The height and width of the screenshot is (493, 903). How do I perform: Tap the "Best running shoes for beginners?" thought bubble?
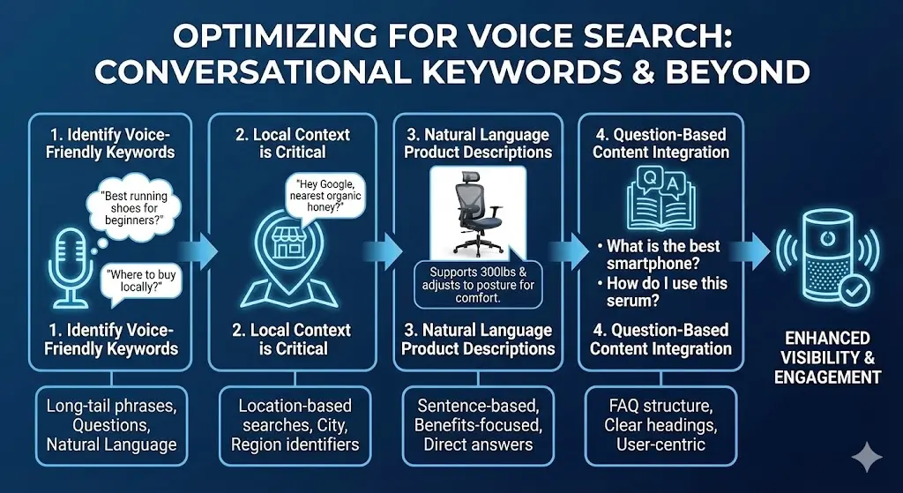(x=134, y=206)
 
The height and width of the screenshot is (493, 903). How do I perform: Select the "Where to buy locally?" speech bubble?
(x=141, y=280)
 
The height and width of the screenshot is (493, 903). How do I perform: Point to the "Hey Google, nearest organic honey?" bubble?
(x=326, y=198)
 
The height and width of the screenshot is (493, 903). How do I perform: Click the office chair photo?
(x=478, y=212)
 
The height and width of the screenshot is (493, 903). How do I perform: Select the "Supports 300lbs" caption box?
(x=478, y=284)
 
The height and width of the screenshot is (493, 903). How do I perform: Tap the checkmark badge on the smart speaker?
(x=850, y=291)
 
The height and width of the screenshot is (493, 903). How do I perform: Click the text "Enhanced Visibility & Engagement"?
(x=827, y=357)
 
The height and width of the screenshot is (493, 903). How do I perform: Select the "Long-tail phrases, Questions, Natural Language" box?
(x=112, y=425)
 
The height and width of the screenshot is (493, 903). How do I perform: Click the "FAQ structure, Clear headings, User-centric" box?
(x=660, y=425)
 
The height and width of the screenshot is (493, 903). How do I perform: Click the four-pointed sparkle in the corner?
(x=867, y=458)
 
